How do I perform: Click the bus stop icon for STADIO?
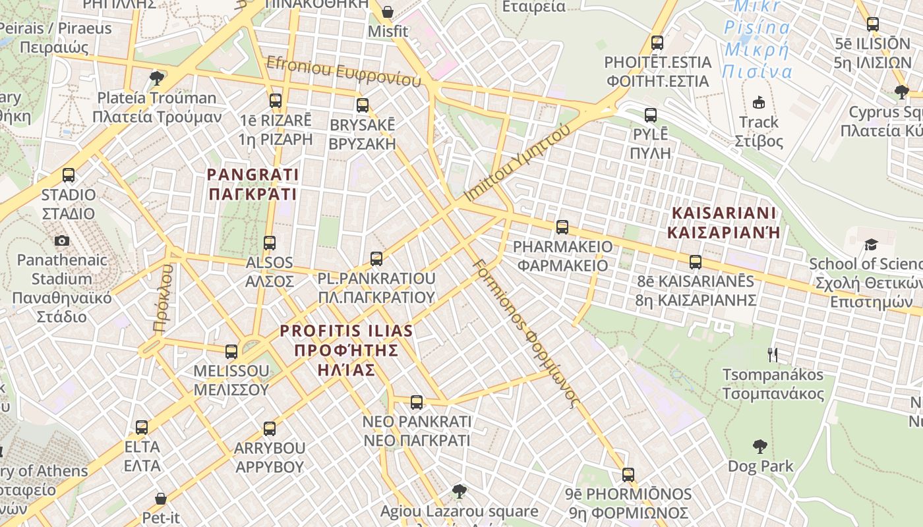[x=69, y=175]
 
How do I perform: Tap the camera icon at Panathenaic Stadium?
[x=62, y=240]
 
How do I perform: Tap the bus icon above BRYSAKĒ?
[x=362, y=105]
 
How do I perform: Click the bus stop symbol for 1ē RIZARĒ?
[x=276, y=101]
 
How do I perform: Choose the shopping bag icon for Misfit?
[x=388, y=12]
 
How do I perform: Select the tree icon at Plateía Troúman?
[x=157, y=78]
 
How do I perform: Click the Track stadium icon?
[x=759, y=102]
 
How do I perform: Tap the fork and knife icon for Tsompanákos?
[x=773, y=355]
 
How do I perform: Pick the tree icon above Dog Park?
[x=760, y=447]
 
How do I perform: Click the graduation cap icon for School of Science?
[x=871, y=244]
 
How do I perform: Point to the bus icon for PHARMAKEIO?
[x=562, y=227]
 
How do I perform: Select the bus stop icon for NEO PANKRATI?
[x=417, y=402]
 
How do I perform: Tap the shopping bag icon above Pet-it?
[x=161, y=498]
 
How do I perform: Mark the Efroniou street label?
[x=343, y=71]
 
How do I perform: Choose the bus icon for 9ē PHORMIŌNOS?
[x=628, y=475]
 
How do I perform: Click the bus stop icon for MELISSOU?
[x=231, y=351]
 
